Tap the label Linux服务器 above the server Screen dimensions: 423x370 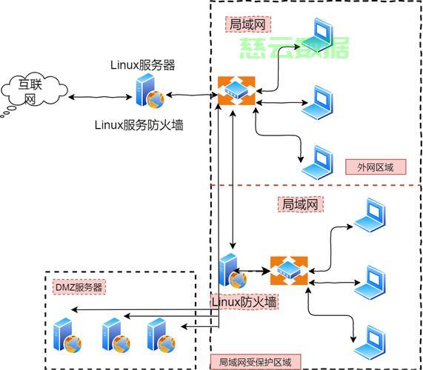[x=143, y=65]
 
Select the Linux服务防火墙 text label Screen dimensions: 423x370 [x=139, y=125]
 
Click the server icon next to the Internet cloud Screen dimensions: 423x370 [x=150, y=91]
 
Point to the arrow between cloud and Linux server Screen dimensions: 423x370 [x=100, y=97]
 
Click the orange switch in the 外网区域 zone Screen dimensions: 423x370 [x=236, y=91]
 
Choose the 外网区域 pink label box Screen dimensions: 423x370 [x=376, y=167]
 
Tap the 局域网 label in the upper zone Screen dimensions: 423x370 [x=248, y=24]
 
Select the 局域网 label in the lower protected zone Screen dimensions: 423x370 [x=301, y=204]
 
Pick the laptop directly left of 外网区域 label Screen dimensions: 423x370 [x=318, y=162]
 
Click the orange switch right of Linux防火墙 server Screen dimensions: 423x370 [x=289, y=271]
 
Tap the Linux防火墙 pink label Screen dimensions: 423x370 [x=244, y=302]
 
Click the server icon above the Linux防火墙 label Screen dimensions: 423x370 [x=233, y=271]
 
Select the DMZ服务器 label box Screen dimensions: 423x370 [x=79, y=287]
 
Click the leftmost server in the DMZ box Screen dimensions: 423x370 [x=67, y=335]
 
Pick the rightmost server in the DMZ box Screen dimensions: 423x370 [x=161, y=335]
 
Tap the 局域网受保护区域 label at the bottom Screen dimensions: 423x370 [x=255, y=362]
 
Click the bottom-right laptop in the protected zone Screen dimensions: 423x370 [x=370, y=342]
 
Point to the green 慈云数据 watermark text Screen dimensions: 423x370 [x=294, y=47]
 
